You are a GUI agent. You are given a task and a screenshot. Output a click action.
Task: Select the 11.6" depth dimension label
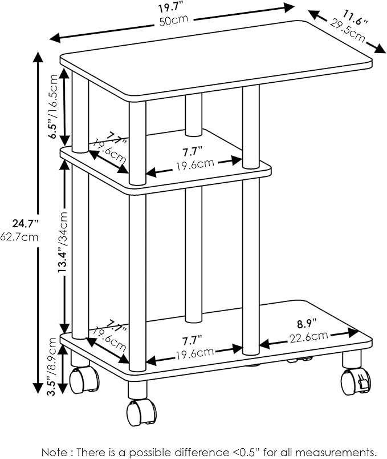click(355, 18)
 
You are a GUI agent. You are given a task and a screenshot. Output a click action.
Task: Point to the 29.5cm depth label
click(348, 30)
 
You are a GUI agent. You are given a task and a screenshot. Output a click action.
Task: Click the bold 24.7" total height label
click(25, 224)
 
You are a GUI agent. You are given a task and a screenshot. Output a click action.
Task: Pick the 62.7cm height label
click(19, 236)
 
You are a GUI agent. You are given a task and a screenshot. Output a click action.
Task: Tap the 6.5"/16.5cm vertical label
click(54, 107)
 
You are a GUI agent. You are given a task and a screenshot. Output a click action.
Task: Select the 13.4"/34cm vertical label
click(63, 243)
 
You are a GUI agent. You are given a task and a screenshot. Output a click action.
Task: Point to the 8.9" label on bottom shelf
click(307, 324)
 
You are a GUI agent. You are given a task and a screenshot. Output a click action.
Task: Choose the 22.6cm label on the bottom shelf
click(309, 337)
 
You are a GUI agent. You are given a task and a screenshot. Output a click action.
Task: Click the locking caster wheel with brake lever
click(356, 381)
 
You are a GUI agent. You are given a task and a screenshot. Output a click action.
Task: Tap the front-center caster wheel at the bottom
click(141, 412)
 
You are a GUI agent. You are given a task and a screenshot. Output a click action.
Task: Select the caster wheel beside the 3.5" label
click(84, 380)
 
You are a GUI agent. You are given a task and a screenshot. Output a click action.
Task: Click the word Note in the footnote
click(54, 452)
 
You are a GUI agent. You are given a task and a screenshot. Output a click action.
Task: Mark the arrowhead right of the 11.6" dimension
click(380, 48)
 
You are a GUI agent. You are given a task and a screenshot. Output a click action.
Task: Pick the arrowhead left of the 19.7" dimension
click(55, 38)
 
